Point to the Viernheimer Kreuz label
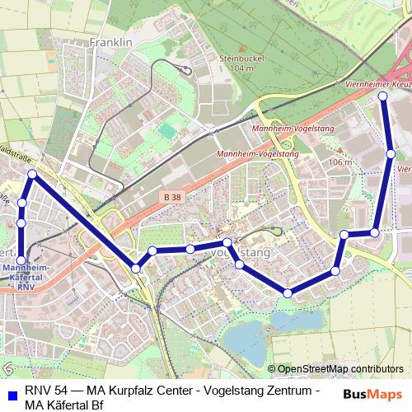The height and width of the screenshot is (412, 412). (x=372, y=85)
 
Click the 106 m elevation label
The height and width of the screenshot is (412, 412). (x=339, y=162)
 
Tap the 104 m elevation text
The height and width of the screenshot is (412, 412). (x=243, y=69)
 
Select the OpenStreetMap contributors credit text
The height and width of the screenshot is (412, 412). (x=340, y=368)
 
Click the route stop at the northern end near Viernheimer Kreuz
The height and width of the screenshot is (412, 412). (x=382, y=96)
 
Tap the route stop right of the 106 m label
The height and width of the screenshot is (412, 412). (x=391, y=154)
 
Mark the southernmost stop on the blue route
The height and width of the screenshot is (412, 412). (x=288, y=293)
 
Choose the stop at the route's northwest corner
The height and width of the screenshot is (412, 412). (x=32, y=174)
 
